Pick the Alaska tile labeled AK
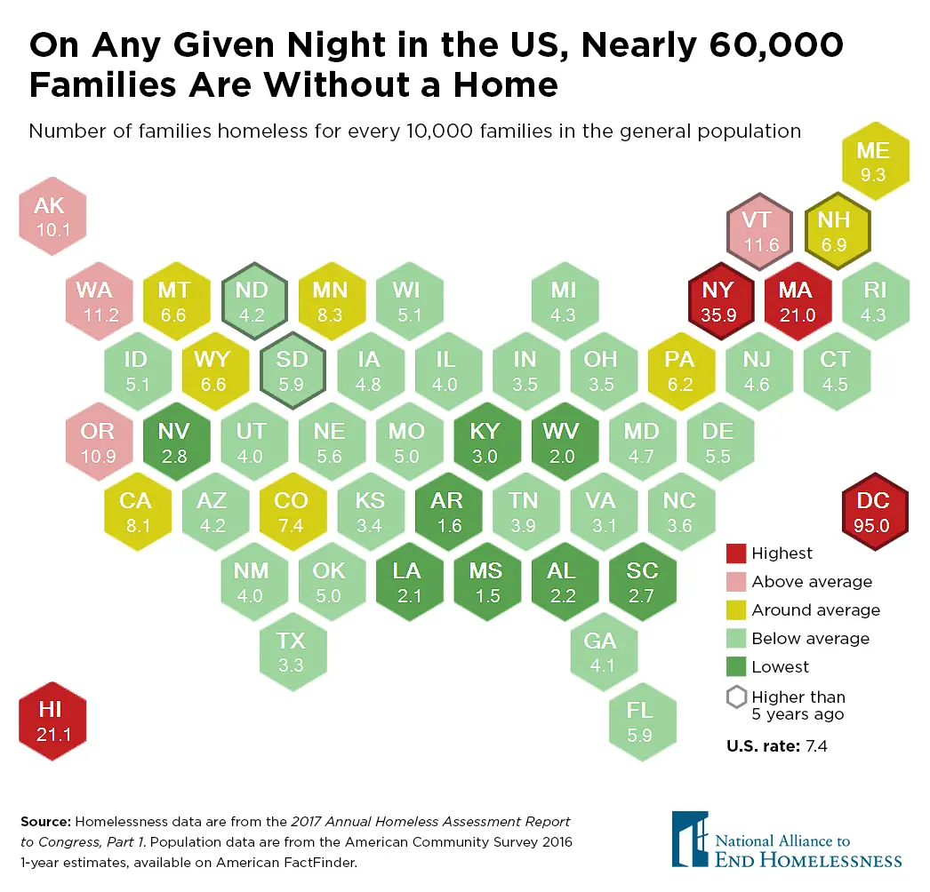[x=52, y=216]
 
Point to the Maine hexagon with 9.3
[x=873, y=161]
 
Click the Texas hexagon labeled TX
[x=291, y=650]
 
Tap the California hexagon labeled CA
[x=135, y=512]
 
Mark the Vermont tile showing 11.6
[x=757, y=230]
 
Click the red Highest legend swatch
[x=735, y=554]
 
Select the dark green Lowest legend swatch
[x=735, y=667]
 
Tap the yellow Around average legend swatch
[x=735, y=610]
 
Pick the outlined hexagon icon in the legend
[x=735, y=697]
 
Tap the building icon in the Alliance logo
[x=690, y=838]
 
